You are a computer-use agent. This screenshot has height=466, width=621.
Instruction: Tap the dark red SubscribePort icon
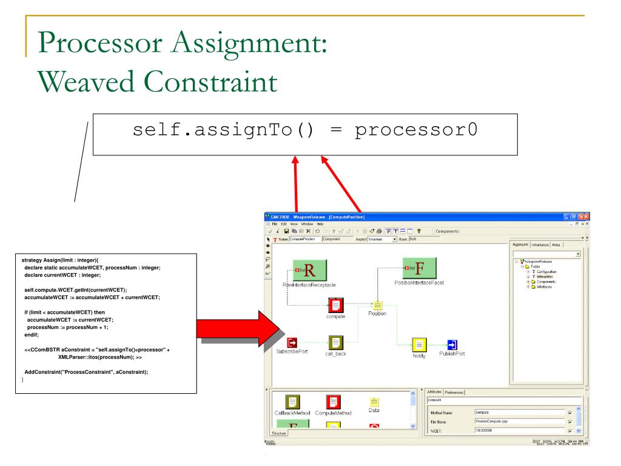coord(293,344)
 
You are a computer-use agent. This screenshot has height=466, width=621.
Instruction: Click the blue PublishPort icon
coord(452,345)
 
